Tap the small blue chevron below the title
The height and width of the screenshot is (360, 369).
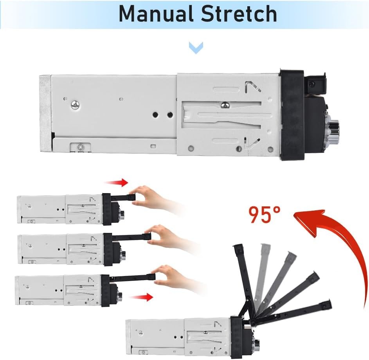click(x=196, y=48)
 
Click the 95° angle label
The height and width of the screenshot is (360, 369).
click(x=265, y=215)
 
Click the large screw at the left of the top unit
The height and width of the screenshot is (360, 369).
click(x=75, y=105)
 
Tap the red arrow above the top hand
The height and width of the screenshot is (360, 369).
click(x=117, y=183)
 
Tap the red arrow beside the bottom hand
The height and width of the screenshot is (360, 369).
click(x=141, y=297)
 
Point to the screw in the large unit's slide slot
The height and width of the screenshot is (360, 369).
click(x=225, y=105)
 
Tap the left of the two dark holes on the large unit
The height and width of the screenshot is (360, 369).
click(x=155, y=115)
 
